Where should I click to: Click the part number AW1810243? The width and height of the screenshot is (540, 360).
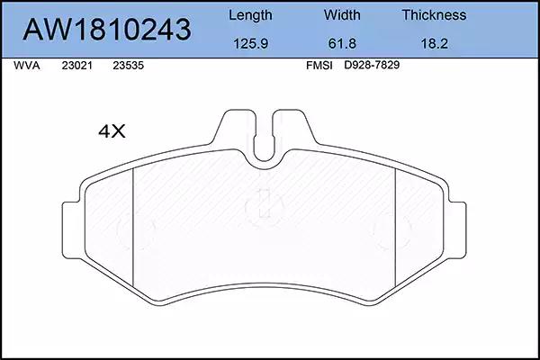[107, 30]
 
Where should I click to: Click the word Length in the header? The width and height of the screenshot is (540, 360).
[250, 15]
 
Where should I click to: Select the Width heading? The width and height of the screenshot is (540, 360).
[342, 15]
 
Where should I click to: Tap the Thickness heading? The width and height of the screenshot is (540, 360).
[434, 15]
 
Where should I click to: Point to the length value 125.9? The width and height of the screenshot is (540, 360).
[251, 44]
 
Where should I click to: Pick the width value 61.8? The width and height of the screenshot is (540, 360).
[342, 44]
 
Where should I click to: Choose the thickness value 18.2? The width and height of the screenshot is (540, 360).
[435, 44]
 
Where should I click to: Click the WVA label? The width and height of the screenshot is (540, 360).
[27, 66]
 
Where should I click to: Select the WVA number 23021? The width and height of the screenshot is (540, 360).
[77, 66]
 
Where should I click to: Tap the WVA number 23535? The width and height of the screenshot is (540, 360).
[128, 66]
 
